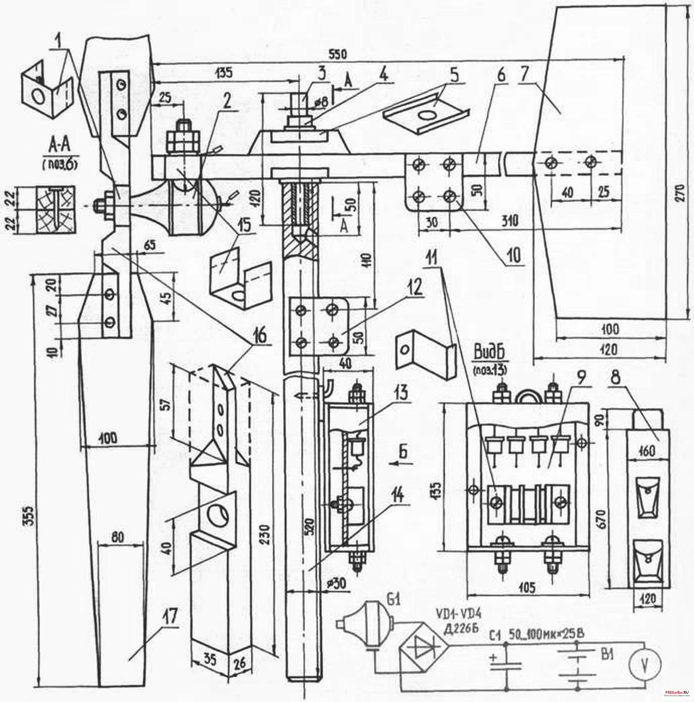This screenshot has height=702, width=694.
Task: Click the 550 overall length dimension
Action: (x=337, y=55)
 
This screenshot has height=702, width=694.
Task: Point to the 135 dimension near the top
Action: (x=224, y=73)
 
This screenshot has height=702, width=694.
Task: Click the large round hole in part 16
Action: (x=217, y=517)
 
